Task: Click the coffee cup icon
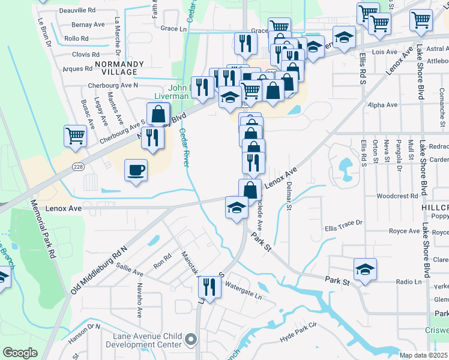tap(136, 170)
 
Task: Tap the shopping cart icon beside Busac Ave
tap(76, 136)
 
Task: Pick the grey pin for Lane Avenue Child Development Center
tap(191, 340)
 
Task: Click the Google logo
tap(20, 353)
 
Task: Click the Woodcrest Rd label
tap(397, 196)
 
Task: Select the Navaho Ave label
tap(139, 299)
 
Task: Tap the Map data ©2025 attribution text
tap(423, 355)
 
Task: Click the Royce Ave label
tap(404, 231)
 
